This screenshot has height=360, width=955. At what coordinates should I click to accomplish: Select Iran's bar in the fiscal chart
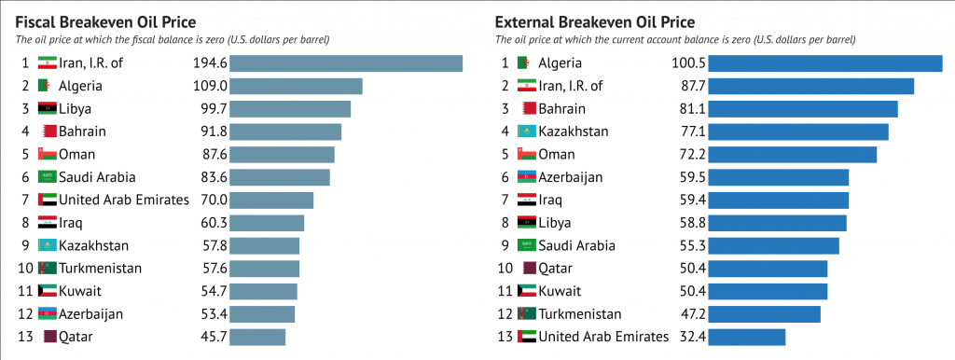(346, 63)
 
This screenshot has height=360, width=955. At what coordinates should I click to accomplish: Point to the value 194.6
(209, 63)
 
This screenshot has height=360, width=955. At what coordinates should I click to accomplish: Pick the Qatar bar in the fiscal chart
(257, 337)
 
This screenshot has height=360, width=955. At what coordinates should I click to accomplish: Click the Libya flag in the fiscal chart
(47, 109)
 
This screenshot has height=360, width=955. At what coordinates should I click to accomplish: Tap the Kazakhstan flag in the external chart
(527, 132)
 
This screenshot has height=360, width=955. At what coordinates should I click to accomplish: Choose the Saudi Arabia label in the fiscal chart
(97, 177)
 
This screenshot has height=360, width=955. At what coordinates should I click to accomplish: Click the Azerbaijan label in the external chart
(570, 177)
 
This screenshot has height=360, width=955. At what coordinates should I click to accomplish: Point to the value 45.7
(212, 337)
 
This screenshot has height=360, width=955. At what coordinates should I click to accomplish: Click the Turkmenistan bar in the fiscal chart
(264, 269)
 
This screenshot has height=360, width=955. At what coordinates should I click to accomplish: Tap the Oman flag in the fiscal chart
(47, 155)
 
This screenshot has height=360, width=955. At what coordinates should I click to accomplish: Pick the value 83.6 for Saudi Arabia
(212, 177)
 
